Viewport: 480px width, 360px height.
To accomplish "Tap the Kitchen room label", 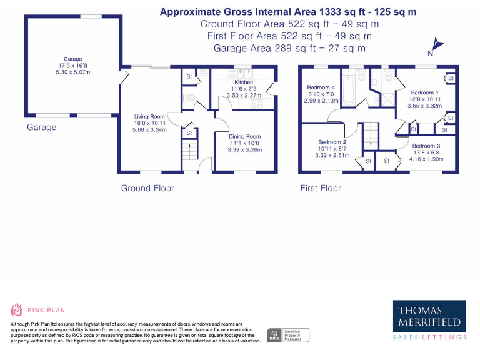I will coord(243,82).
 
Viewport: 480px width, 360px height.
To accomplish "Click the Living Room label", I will coord(149,116).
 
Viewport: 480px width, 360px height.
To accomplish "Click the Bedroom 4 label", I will coord(321,87).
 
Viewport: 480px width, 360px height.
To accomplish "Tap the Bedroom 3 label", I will coord(426,146).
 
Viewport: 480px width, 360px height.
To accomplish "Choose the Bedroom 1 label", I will coord(425,92).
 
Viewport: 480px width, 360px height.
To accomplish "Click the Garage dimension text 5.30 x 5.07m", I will coord(73,72).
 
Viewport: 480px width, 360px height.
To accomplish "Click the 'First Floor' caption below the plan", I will coord(321,188).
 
